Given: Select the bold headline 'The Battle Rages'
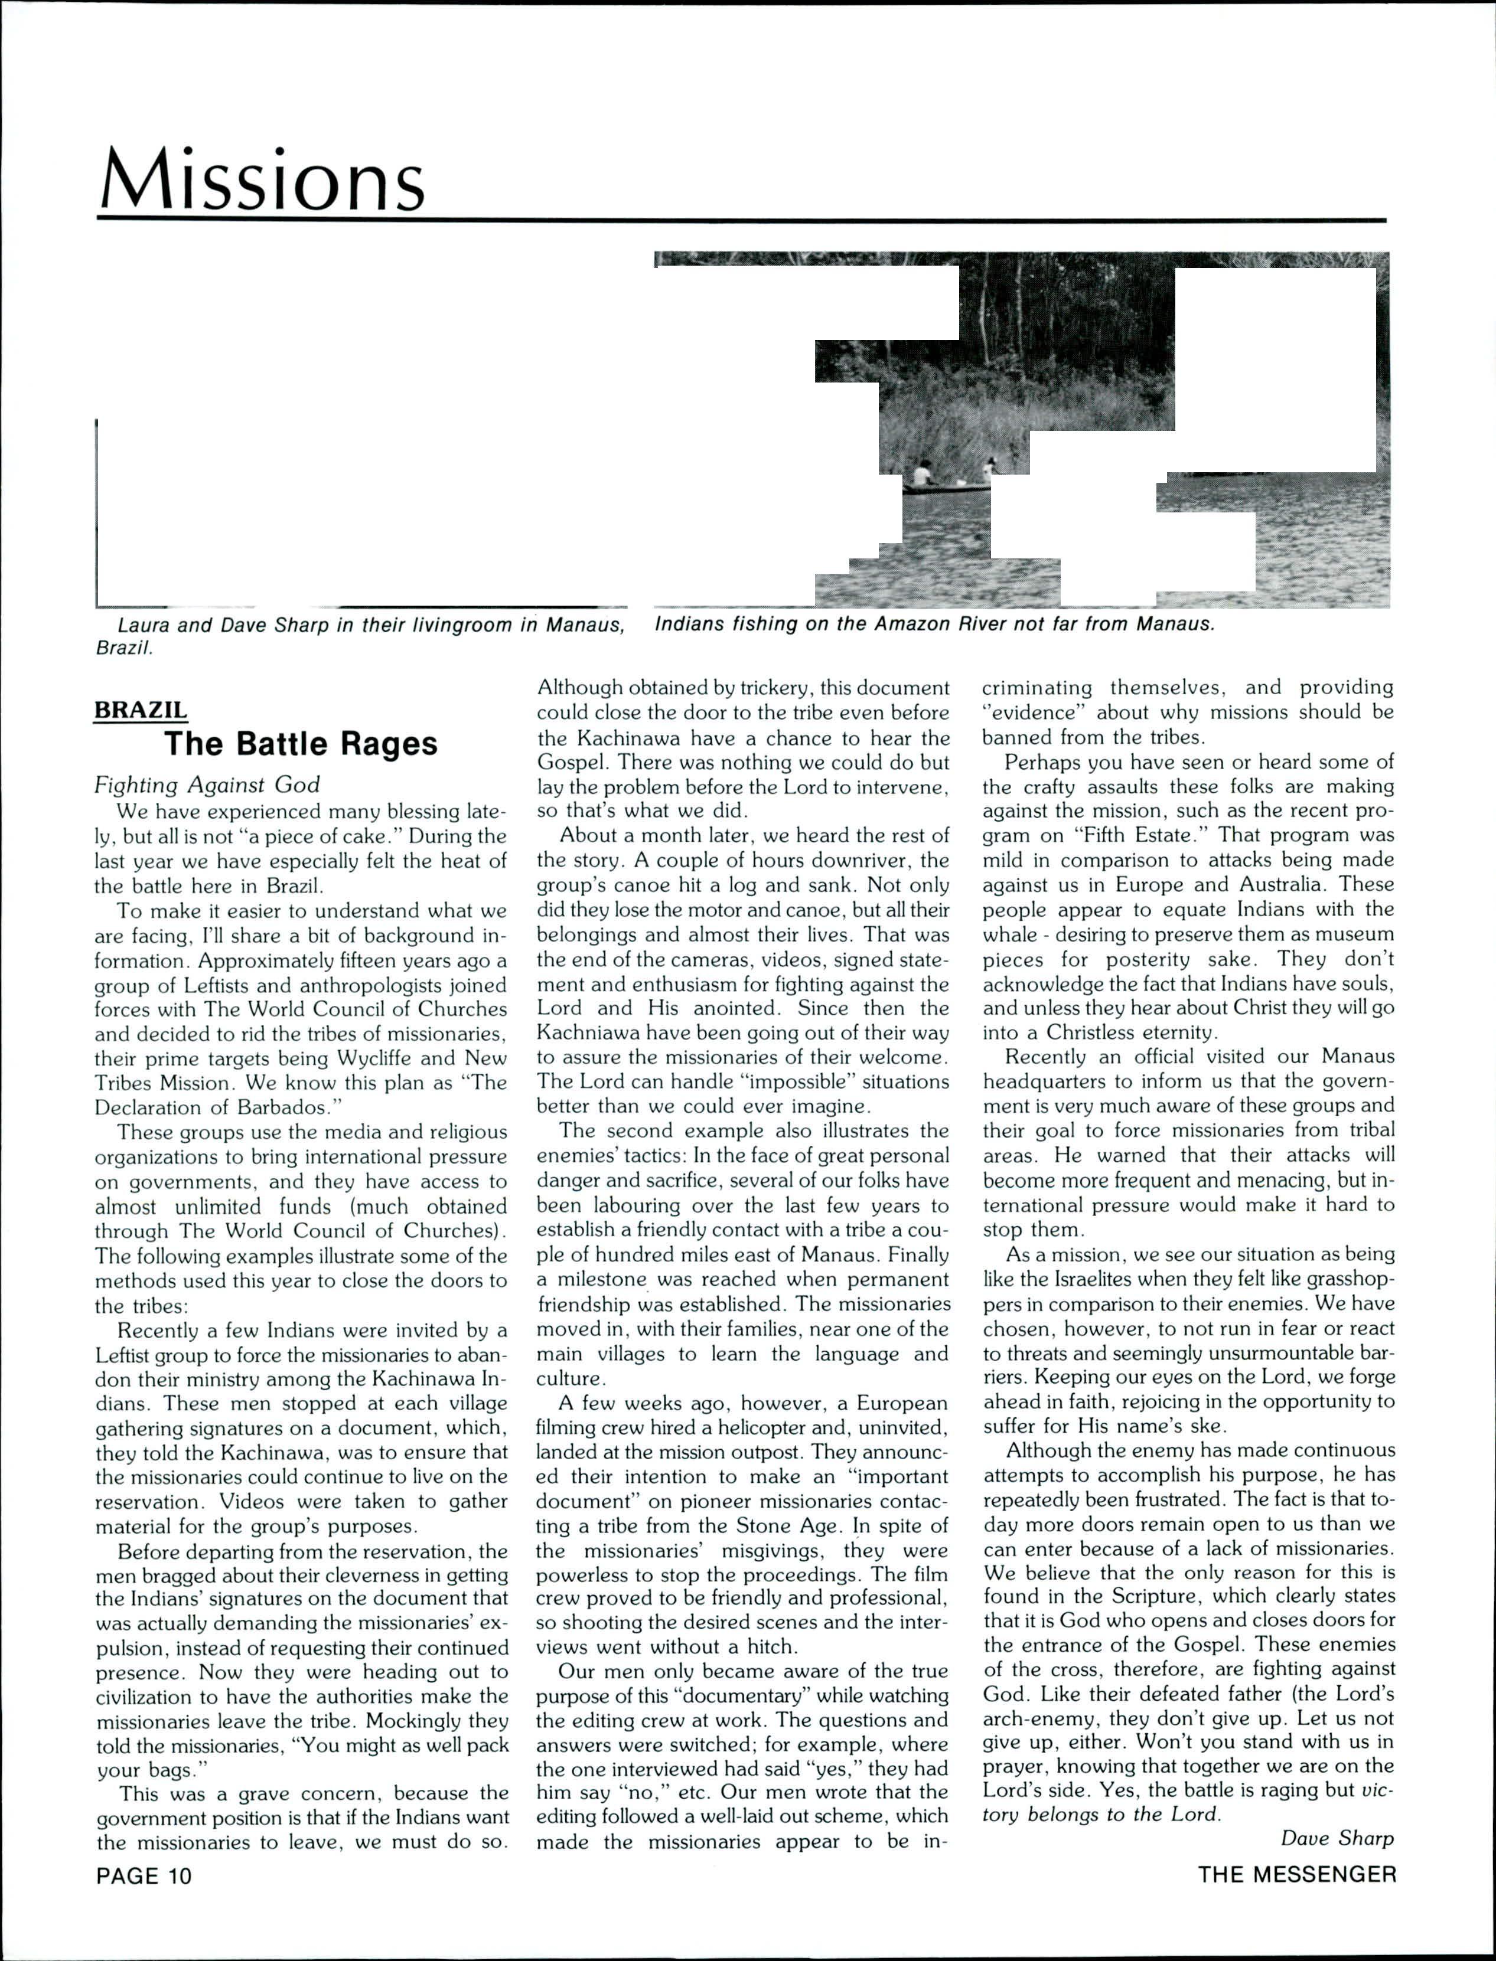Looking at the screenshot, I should pos(301,743).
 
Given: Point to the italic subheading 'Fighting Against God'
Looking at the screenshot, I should pos(207,784).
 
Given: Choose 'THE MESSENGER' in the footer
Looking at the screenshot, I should pos(1296,1875).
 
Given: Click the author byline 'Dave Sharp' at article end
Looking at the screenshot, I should pos(1337,1838).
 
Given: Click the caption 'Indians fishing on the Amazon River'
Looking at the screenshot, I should pos(934,624).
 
